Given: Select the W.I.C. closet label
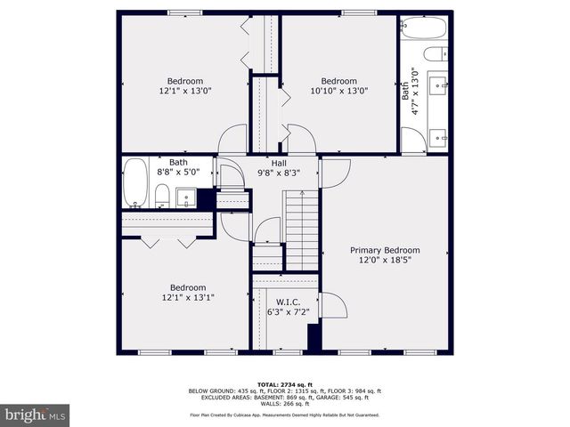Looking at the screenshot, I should (x=286, y=302).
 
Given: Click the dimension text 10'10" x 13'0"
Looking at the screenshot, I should (x=338, y=91).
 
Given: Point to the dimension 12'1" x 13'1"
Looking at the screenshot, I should (x=188, y=298).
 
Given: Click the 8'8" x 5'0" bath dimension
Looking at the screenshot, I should (x=178, y=173).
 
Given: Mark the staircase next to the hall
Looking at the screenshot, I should (x=301, y=227).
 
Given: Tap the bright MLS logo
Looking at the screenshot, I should (x=36, y=415).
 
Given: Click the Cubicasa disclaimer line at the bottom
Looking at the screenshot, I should (x=284, y=415).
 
